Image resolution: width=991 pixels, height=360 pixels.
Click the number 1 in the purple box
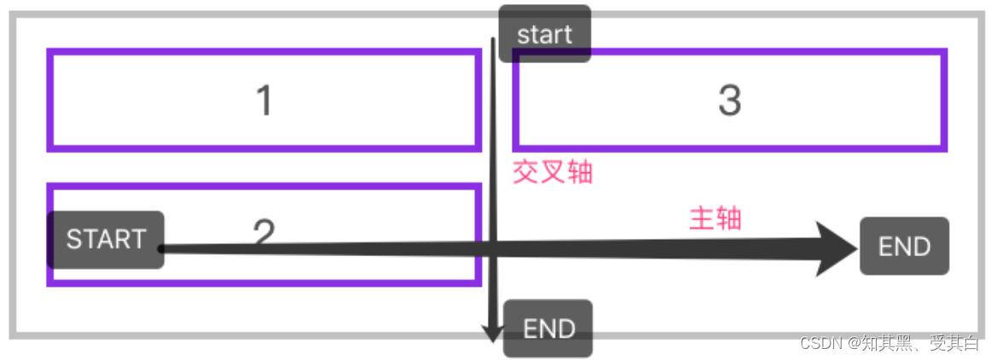click(264, 101)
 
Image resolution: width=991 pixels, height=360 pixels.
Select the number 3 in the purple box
click(729, 101)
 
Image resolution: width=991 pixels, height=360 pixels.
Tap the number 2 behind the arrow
click(264, 230)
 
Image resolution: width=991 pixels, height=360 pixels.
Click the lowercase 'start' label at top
click(544, 35)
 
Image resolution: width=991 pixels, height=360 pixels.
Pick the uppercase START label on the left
click(106, 240)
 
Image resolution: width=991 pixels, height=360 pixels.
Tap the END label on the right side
click(904, 247)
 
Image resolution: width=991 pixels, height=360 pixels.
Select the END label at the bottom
click(548, 328)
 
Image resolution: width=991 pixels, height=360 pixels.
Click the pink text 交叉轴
click(552, 173)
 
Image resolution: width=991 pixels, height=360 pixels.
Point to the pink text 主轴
click(715, 219)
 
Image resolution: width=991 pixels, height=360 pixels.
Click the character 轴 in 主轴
click(728, 219)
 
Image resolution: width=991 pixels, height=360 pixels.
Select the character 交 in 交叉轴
click(525, 173)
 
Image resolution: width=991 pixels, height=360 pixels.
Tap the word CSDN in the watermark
click(819, 343)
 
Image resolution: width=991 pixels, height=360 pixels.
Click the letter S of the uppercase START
click(73, 240)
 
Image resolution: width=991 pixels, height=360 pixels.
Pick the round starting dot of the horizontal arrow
click(160, 248)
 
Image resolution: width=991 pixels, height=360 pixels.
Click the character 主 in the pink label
click(702, 219)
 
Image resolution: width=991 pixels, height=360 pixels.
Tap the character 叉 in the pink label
click(552, 173)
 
